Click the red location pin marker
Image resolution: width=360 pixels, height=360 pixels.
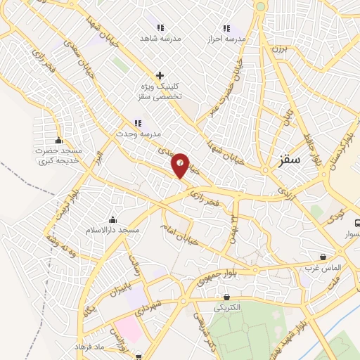(181, 165)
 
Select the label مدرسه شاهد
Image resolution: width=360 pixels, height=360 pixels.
(161, 38)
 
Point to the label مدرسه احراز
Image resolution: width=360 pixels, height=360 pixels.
(231, 39)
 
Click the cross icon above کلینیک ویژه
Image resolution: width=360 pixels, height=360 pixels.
(160, 75)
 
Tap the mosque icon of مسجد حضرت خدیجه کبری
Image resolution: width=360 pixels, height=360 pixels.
(58, 139)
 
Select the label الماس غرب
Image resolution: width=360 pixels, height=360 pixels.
(322, 268)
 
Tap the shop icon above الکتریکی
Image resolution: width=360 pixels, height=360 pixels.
(226, 297)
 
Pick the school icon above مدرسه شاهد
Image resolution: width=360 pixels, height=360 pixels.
(160, 27)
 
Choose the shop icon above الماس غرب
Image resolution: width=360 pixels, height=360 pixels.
(323, 257)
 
